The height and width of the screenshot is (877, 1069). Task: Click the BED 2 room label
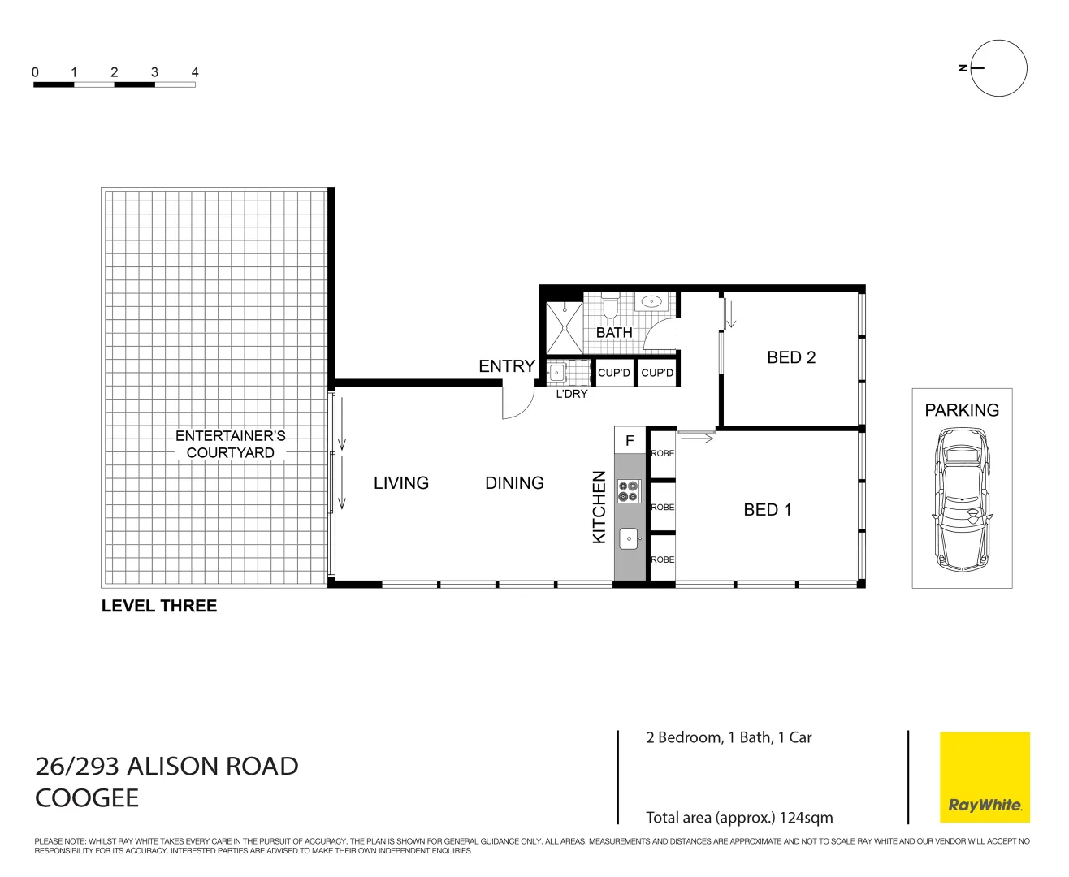click(x=790, y=357)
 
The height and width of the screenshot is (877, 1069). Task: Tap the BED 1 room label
click(x=767, y=510)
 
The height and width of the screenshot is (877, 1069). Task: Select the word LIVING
click(x=400, y=483)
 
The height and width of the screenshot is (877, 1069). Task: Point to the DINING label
click(x=514, y=483)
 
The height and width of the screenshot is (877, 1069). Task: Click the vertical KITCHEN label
click(x=599, y=508)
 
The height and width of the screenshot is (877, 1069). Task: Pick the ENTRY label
click(x=506, y=366)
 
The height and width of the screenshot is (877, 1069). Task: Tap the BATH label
click(x=614, y=333)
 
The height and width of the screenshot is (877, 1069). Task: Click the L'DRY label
click(x=571, y=394)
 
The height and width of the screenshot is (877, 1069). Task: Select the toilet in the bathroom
click(x=611, y=305)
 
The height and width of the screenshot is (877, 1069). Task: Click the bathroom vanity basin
click(x=651, y=302)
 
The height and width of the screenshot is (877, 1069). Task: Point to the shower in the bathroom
click(x=565, y=328)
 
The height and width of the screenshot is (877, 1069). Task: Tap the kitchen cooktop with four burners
click(x=628, y=490)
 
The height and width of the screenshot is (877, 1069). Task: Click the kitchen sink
click(x=628, y=538)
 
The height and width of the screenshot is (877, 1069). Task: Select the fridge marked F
click(x=630, y=441)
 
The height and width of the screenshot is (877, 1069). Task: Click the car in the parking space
click(x=962, y=499)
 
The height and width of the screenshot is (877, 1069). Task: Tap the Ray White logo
click(x=985, y=777)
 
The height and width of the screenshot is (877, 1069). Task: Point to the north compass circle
click(x=999, y=68)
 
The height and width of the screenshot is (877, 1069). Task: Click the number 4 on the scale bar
click(x=195, y=72)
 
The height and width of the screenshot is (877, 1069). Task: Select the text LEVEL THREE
click(x=159, y=606)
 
